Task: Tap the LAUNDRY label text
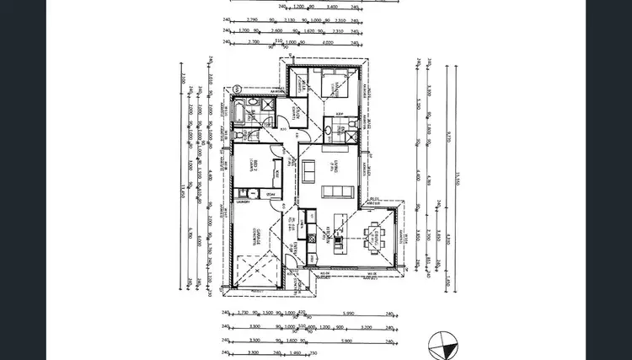pos(244,202)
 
